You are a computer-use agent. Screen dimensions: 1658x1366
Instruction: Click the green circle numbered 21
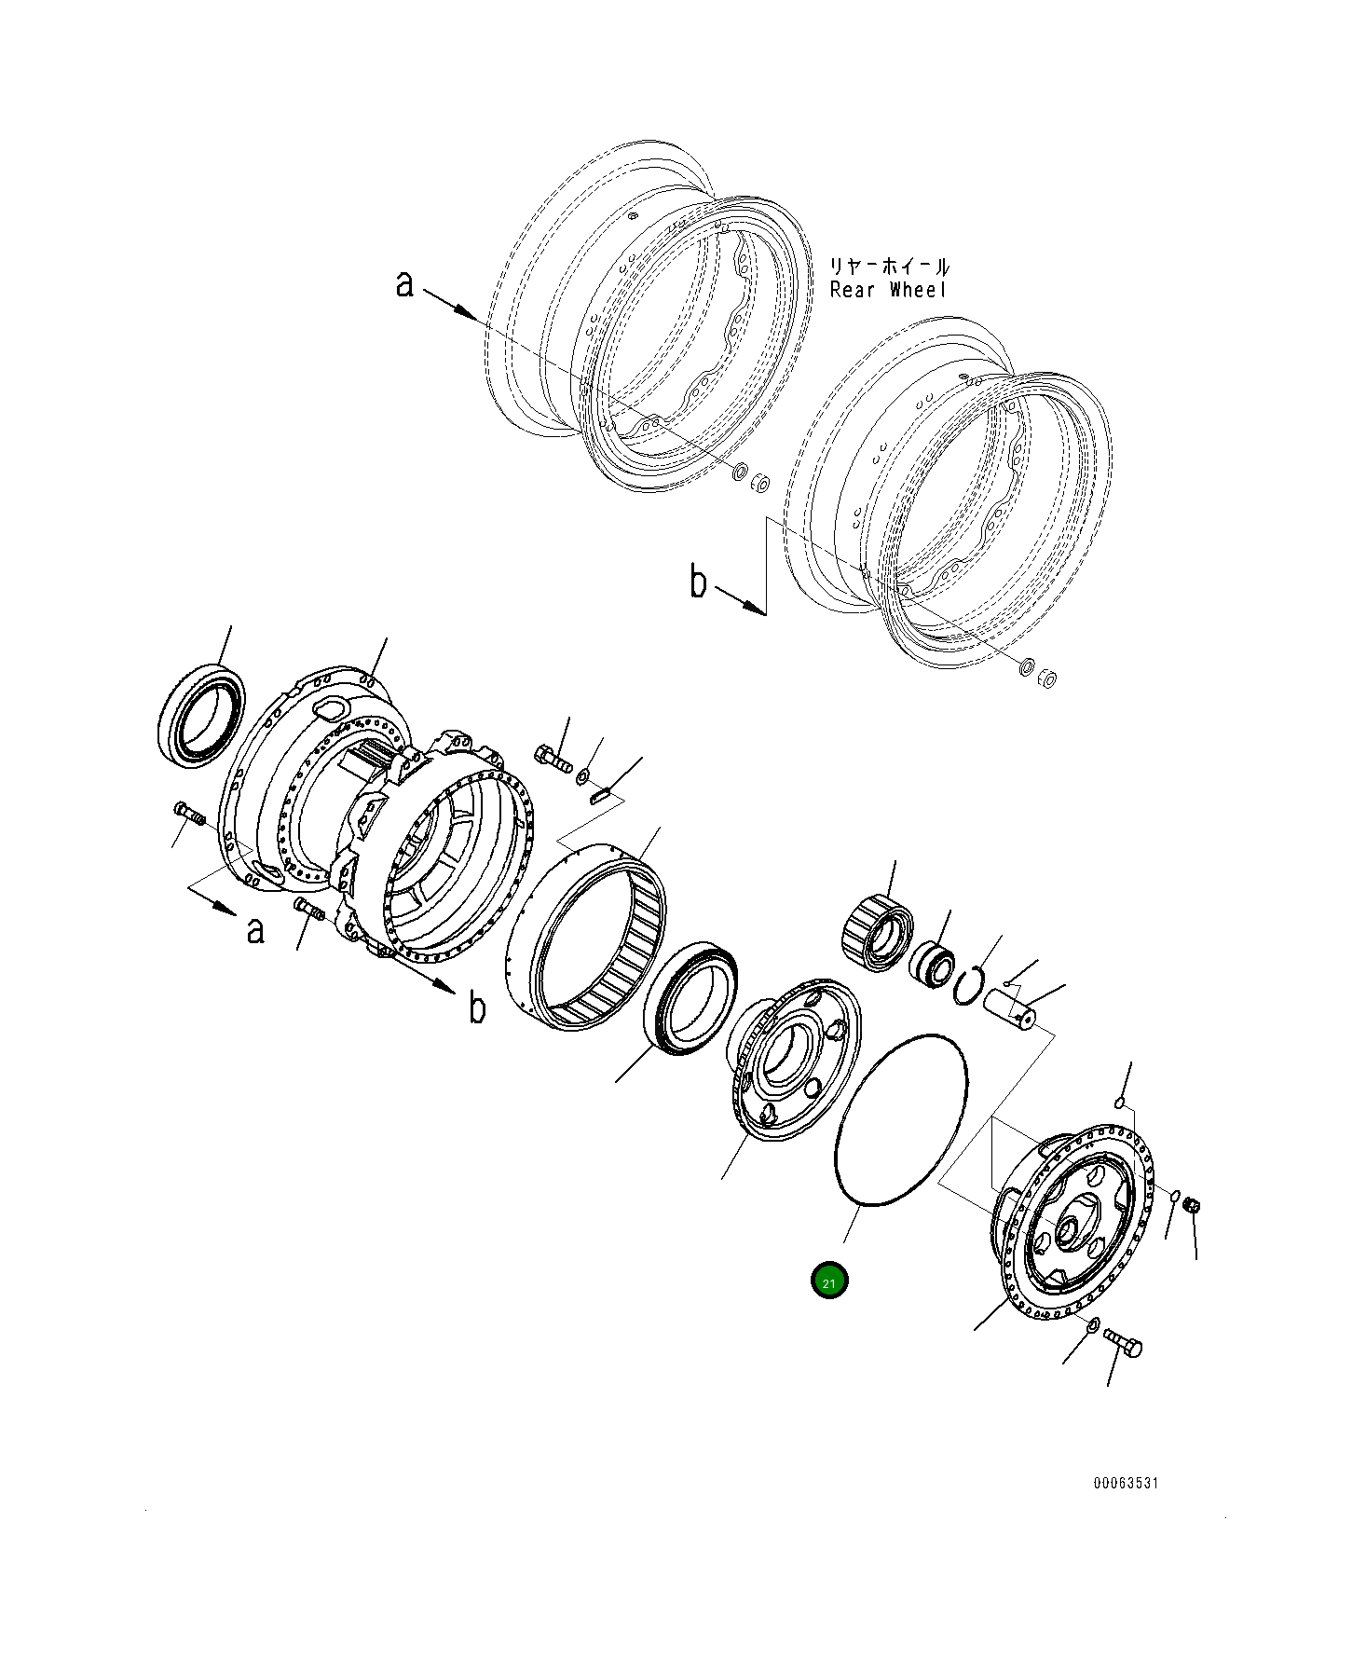coord(828,1281)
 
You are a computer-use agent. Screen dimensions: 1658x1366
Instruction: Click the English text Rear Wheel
coord(888,290)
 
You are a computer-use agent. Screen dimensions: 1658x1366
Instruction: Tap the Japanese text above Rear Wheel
coord(890,267)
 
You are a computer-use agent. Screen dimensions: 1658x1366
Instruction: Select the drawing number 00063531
coord(1126,1483)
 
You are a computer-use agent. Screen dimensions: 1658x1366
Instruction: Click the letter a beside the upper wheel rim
coord(403,283)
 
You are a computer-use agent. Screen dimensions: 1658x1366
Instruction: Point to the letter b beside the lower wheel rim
coord(698,583)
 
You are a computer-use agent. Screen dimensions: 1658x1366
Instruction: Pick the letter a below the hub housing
coord(255,929)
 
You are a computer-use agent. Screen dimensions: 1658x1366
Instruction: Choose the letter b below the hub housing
coord(477,1008)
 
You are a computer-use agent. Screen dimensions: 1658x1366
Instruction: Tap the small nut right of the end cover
coord(1191,1206)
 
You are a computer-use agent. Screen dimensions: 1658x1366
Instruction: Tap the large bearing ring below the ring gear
coord(691,1001)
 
